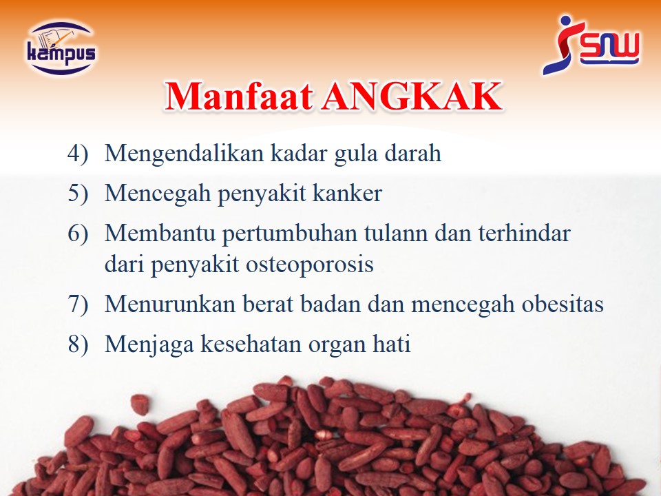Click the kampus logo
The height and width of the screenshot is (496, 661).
[x=61, y=48]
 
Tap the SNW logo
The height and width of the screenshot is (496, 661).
[x=591, y=45]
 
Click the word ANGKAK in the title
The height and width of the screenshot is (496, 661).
[x=412, y=96]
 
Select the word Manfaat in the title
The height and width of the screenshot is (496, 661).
[x=239, y=96]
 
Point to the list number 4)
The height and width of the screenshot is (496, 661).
[x=78, y=153]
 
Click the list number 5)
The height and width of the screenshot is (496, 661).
[x=78, y=193]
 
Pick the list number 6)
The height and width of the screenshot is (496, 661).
[x=78, y=233]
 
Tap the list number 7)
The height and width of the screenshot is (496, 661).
[x=78, y=304]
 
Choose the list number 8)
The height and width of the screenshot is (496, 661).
[x=78, y=344]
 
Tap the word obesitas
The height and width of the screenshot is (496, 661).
[x=563, y=304]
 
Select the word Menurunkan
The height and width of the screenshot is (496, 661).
[x=170, y=304]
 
